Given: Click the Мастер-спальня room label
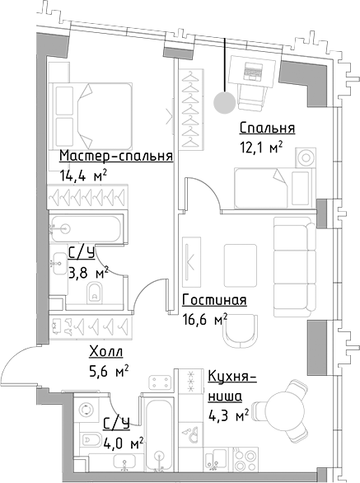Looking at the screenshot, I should point(115,156).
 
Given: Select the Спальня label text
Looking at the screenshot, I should point(267,128).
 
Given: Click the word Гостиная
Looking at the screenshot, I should point(214,301).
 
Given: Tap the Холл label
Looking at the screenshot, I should point(106,353).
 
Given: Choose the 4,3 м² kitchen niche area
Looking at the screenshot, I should point(228,416).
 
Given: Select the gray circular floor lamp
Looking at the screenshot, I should point(223,102).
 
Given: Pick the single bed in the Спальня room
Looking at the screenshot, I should point(262,185).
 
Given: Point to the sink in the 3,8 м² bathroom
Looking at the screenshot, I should point(58,264).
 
